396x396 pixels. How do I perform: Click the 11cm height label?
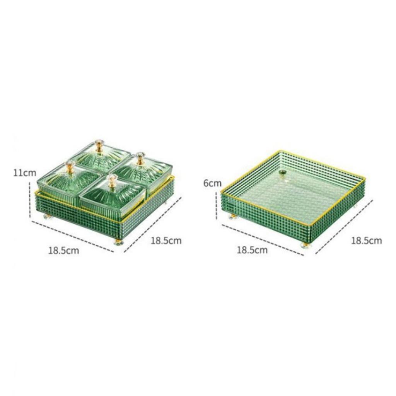pos(24,172)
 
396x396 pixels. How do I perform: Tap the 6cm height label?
pos(212,183)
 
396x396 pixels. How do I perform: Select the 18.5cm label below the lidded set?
pos(63,250)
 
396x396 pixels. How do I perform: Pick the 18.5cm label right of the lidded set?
pos(166,241)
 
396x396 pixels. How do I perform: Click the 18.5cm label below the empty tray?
pos(252,250)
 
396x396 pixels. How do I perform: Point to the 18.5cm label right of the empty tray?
pos(366,241)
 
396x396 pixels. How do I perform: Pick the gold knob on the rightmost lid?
pos(140,158)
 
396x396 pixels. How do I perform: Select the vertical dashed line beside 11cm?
pos(30,201)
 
